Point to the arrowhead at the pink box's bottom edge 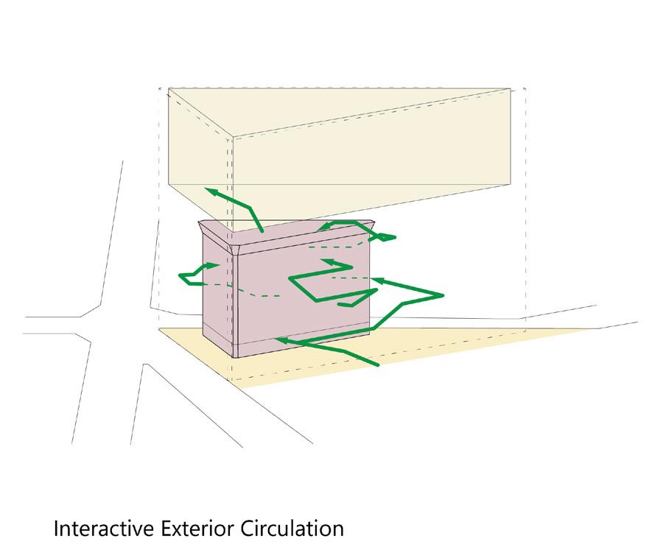(x=281, y=339)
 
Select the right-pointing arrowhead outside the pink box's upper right (x=388, y=237)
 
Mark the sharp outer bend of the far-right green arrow (x=444, y=296)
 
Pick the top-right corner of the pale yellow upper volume (x=511, y=90)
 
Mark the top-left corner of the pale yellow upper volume (x=169, y=89)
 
